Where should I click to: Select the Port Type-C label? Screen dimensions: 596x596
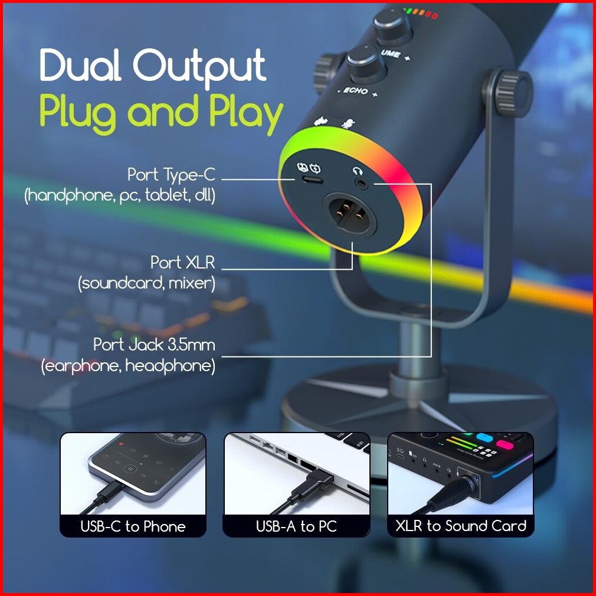click(171, 175)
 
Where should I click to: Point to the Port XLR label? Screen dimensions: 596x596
click(182, 261)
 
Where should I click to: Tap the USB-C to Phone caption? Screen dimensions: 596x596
click(133, 526)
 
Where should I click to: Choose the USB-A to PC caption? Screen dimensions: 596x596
click(296, 526)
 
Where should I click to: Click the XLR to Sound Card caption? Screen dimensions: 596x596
click(460, 526)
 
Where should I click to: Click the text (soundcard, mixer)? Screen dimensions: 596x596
click(146, 284)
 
